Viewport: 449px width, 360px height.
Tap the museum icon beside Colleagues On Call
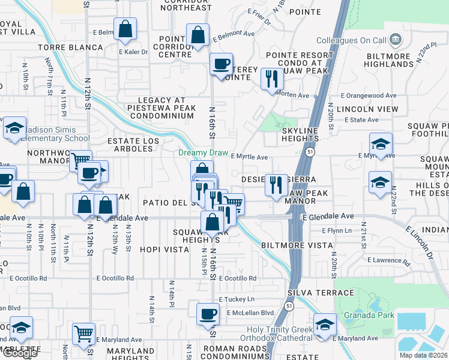[x=396, y=40]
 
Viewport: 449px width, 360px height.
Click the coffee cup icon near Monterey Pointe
[x=221, y=63]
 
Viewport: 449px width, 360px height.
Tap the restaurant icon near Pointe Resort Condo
[x=273, y=79]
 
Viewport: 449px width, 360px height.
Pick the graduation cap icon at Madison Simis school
[x=14, y=128]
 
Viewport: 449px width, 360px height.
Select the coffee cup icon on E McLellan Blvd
[x=208, y=313]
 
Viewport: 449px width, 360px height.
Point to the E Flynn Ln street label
[x=340, y=230]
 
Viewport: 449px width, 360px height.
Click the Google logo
[x=19, y=353]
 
